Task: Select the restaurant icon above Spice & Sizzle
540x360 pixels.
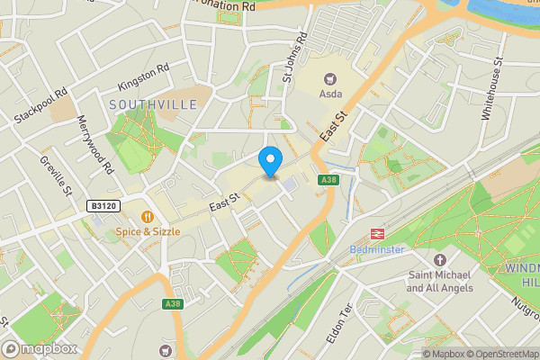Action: [x=147, y=216]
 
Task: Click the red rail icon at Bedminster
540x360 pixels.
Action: [x=377, y=232]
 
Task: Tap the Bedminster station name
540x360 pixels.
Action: [x=377, y=248]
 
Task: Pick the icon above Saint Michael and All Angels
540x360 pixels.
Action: [x=440, y=260]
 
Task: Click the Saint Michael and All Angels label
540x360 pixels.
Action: [x=440, y=282]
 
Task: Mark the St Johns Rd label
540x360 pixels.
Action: [x=294, y=57]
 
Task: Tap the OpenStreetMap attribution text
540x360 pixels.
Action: [x=499, y=354]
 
